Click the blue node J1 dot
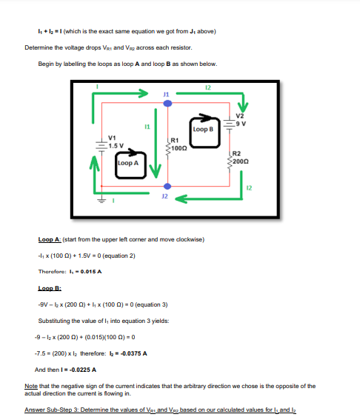click(167, 104)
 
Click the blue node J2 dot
click(167, 186)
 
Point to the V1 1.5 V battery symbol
click(101, 145)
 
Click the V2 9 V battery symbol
click(229, 124)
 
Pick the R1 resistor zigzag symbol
click(167, 147)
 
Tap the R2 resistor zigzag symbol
click(230, 161)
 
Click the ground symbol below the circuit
click(101, 200)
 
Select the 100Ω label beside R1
click(179, 148)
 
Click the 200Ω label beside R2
click(241, 161)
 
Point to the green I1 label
click(147, 127)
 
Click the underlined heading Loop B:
click(50, 288)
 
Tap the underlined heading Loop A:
click(50, 239)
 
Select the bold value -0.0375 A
click(133, 353)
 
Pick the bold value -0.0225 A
click(83, 370)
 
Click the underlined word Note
click(31, 386)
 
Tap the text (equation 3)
click(152, 304)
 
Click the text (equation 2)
click(119, 256)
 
